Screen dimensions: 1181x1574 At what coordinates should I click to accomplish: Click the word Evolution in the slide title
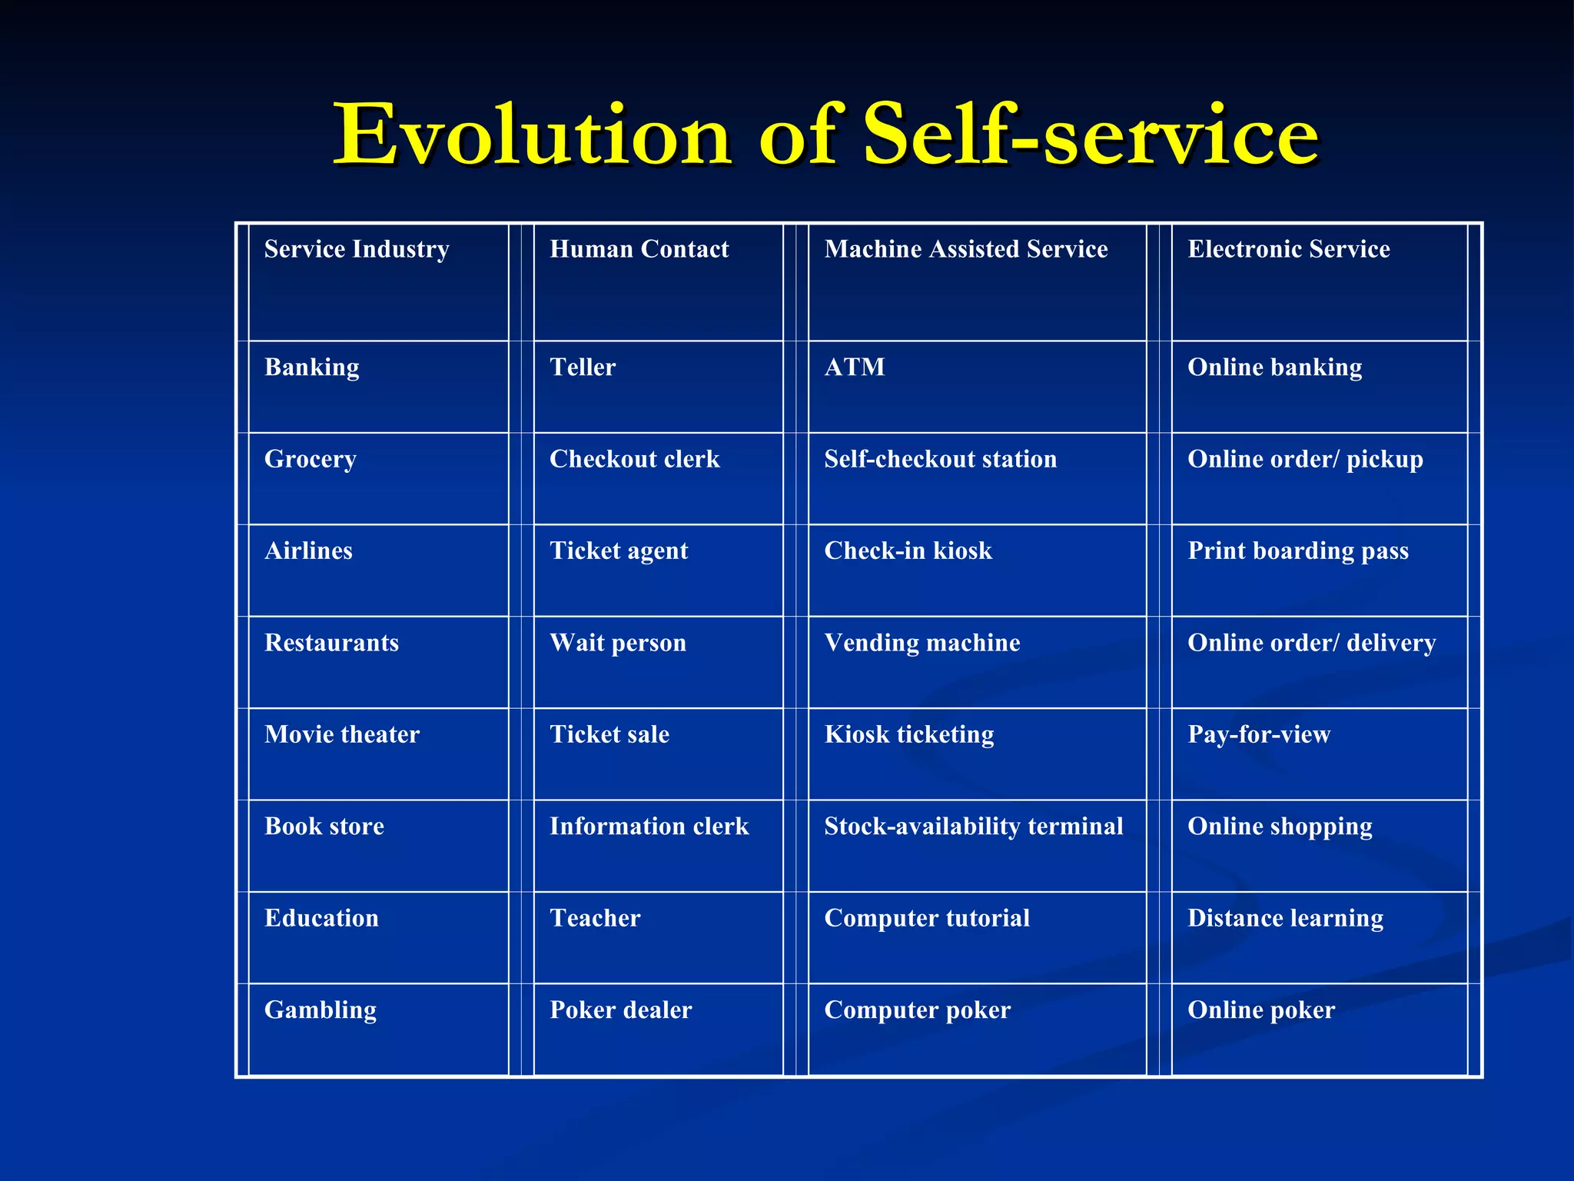[x=531, y=136]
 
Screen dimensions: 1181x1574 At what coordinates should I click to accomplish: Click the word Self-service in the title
[x=1091, y=136]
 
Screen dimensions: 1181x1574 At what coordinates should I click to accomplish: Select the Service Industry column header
[x=357, y=249]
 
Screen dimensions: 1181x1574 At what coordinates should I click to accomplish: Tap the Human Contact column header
[x=639, y=249]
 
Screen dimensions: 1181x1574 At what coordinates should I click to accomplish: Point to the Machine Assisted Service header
[x=965, y=249]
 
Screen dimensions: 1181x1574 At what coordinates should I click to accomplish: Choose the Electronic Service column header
[x=1288, y=249]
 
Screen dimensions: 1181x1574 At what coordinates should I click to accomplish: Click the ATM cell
[x=854, y=368]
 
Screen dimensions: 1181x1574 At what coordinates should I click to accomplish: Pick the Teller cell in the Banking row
[x=583, y=368]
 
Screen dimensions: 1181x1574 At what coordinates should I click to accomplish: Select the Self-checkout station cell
[x=940, y=459]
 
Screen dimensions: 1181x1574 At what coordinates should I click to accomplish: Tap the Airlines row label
[x=308, y=551]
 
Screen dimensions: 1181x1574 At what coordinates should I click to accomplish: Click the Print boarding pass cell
[x=1297, y=551]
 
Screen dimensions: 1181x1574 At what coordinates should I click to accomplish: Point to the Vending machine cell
[x=921, y=643]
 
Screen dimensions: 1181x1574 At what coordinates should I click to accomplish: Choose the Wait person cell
[x=617, y=643]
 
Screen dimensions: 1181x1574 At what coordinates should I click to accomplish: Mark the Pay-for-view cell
[x=1258, y=734]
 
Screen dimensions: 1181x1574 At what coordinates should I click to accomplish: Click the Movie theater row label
[x=342, y=734]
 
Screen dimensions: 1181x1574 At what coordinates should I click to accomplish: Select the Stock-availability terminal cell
[x=973, y=826]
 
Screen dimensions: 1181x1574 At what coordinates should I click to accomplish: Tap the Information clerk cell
[x=649, y=826]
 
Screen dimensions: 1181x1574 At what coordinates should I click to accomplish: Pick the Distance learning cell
[x=1285, y=918]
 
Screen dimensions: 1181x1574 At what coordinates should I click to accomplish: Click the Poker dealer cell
[x=620, y=1010]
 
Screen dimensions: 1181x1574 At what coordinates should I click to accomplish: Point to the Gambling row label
[x=320, y=1010]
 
